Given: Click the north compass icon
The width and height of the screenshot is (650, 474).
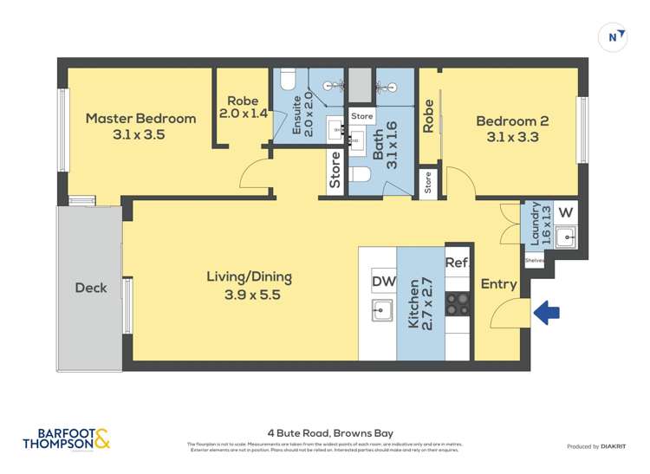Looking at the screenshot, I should coord(614,36).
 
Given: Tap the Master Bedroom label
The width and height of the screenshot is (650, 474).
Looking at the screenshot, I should coord(140,127).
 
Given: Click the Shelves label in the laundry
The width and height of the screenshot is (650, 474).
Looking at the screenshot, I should coord(534,259).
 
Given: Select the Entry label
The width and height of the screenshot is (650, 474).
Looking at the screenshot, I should coord(498,284).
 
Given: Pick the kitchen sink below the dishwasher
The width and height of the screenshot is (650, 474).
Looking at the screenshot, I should coord(380,309).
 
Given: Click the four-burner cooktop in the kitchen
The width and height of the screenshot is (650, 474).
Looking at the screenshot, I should coord(457,304).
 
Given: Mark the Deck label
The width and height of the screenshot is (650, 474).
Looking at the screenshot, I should coord(91,288).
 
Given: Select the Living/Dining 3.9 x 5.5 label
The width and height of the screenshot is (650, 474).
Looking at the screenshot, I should coord(249,285).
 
